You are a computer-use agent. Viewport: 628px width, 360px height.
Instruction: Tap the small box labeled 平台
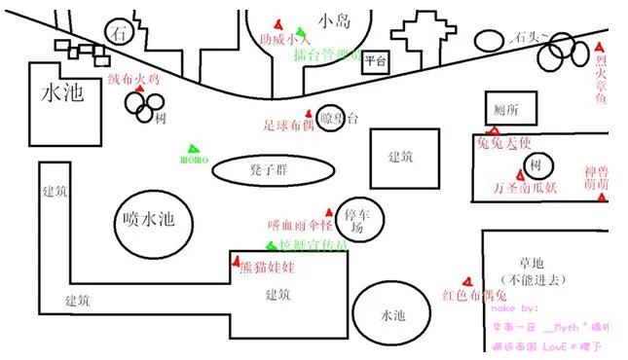click(376, 63)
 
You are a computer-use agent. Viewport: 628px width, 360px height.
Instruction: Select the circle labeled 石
click(121, 32)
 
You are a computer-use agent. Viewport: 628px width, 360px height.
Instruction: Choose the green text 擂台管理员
click(327, 55)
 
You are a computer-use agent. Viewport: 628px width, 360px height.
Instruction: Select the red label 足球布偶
click(289, 125)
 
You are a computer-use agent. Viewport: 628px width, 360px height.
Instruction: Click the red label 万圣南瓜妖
click(526, 187)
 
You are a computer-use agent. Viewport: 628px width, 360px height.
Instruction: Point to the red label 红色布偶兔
click(475, 295)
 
